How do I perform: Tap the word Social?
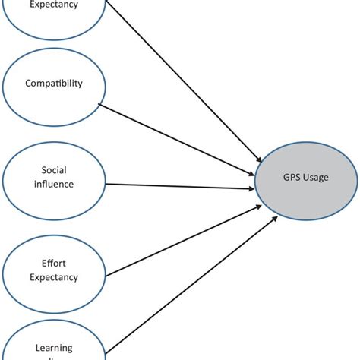click(53, 172)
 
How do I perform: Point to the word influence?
click(53, 184)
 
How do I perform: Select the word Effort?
click(53, 264)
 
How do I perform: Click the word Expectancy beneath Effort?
click(53, 277)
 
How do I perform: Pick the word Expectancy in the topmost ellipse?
click(53, 5)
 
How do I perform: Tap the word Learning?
click(53, 348)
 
